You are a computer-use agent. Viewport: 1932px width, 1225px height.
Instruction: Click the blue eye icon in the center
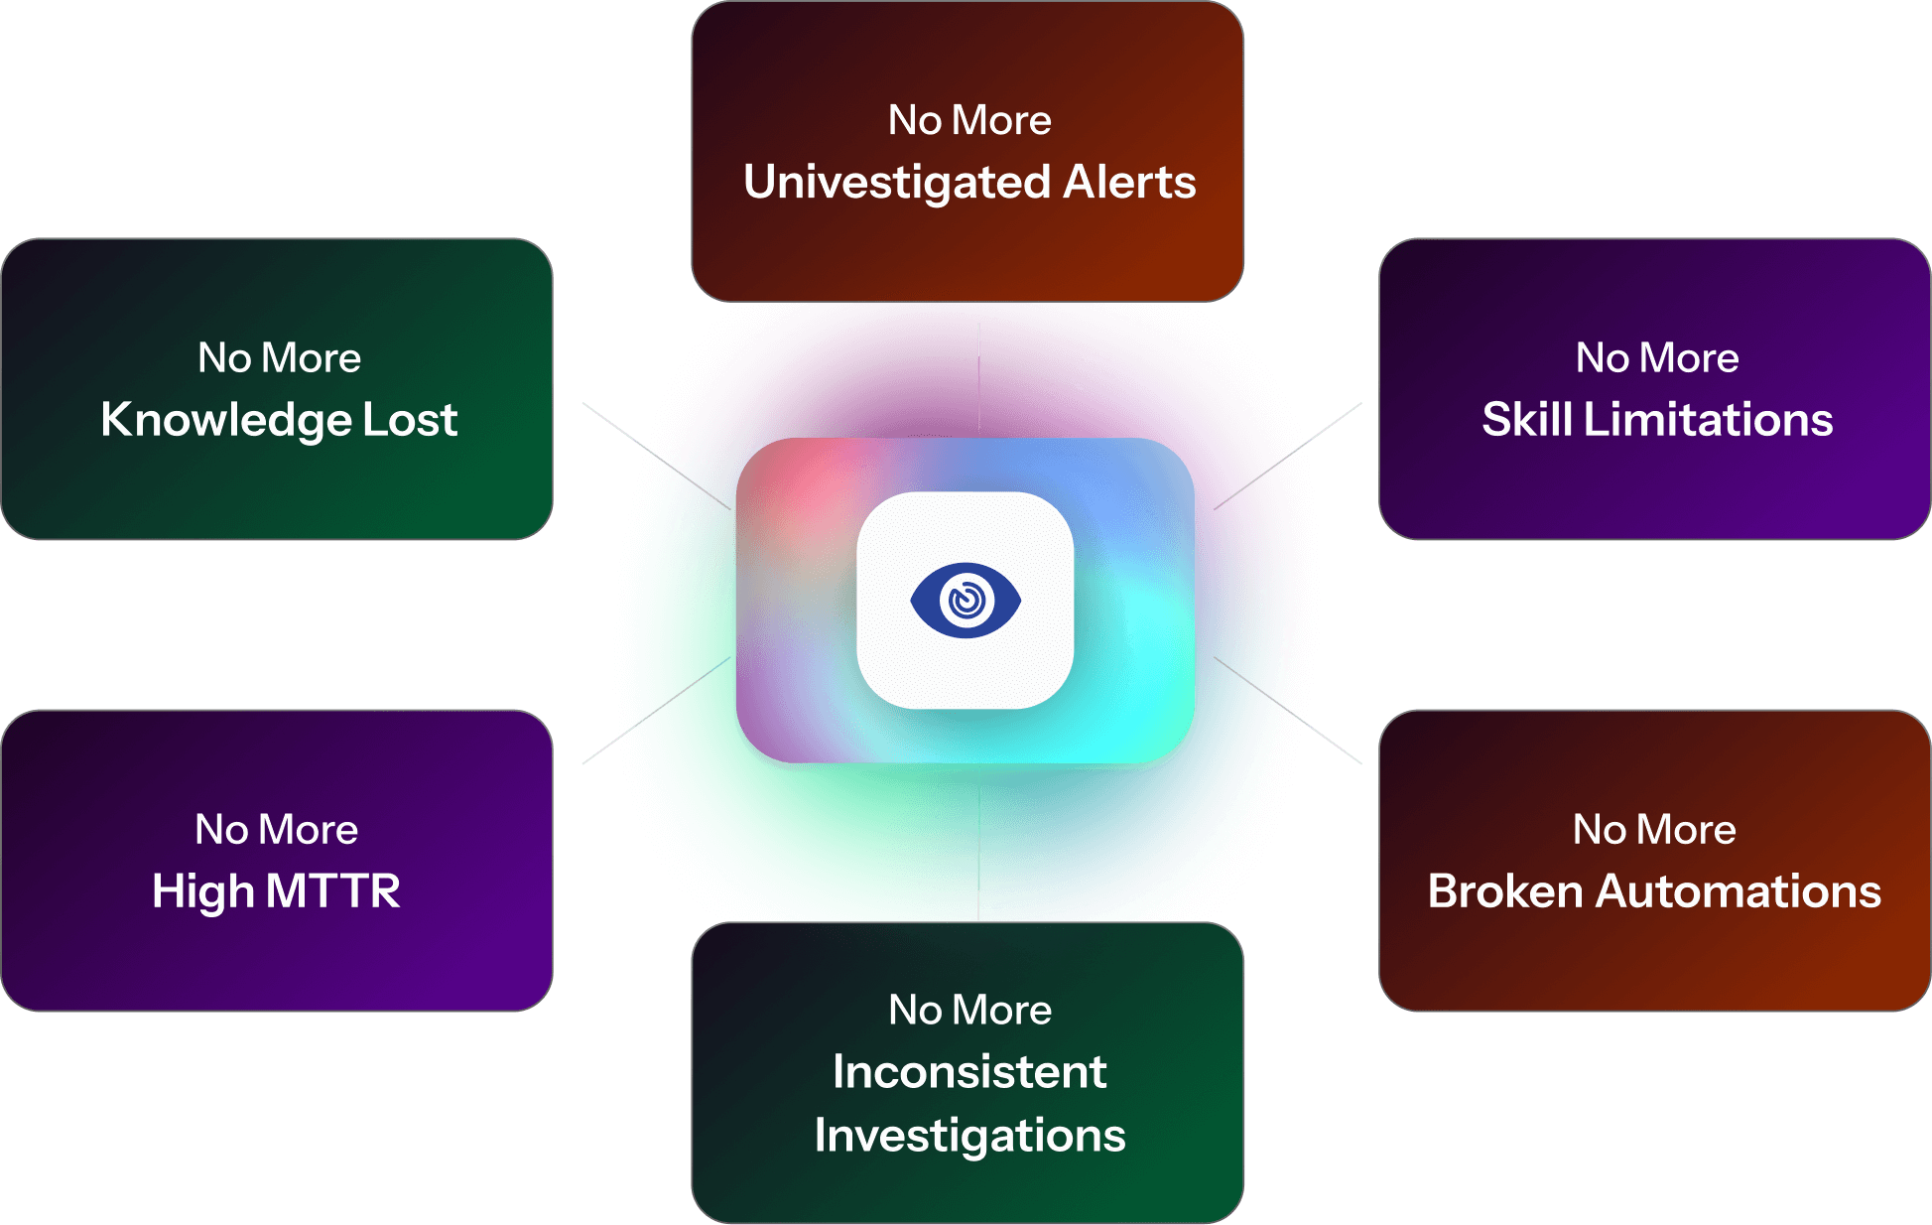[966, 600]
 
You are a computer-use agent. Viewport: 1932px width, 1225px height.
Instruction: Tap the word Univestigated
[897, 183]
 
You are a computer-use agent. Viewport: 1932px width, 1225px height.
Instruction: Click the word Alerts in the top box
[1129, 183]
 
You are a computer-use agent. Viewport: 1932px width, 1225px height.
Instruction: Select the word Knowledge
[225, 420]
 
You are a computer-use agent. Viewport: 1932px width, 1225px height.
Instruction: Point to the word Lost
[410, 420]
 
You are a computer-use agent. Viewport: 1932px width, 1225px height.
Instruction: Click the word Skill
[1527, 420]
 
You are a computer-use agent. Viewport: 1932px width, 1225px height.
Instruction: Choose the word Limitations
[1708, 420]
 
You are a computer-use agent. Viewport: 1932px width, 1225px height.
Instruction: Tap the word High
[202, 891]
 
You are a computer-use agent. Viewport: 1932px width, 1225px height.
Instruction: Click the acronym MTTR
[332, 891]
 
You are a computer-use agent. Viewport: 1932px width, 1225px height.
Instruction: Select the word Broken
[1505, 891]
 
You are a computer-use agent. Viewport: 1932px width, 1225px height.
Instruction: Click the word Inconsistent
[969, 1072]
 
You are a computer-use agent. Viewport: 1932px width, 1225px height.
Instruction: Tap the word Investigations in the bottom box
[969, 1136]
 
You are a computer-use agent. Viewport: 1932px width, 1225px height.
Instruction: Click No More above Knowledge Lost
[279, 358]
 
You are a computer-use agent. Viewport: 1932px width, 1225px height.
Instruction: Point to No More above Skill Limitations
[1657, 358]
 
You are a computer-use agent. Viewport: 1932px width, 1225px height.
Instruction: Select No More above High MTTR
[276, 830]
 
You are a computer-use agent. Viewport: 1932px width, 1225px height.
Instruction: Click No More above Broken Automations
[1654, 830]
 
